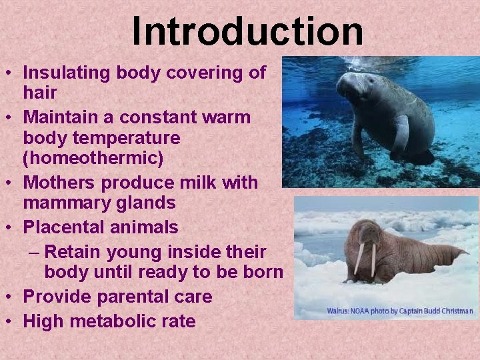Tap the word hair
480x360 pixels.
pos(40,92)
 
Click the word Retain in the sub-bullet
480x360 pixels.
pos(74,253)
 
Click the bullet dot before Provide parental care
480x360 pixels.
pos(11,297)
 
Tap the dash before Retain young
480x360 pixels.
pos(36,253)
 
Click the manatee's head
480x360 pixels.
pos(353,87)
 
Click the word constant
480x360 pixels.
pos(157,117)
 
